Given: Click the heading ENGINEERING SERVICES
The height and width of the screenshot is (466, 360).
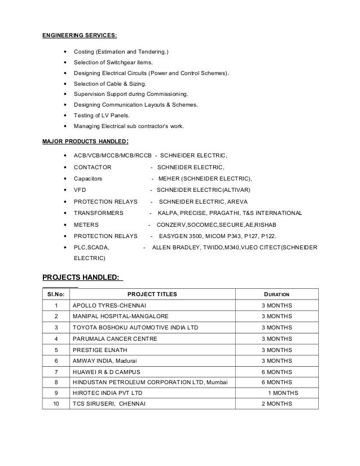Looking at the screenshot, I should click(80, 36).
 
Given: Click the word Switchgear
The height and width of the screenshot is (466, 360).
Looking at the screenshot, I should click(121, 63).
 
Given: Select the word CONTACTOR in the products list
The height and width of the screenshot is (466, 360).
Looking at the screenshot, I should click(93, 167).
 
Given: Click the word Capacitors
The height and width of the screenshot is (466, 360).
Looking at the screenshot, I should click(89, 178).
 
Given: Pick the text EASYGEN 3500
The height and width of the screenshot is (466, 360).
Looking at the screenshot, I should click(179, 236).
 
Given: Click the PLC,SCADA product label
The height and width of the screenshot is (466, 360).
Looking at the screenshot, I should click(92, 247).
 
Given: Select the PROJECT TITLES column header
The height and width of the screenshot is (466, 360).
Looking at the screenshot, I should click(152, 294).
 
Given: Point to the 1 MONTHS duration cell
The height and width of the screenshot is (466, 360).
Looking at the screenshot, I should click(283, 393).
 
